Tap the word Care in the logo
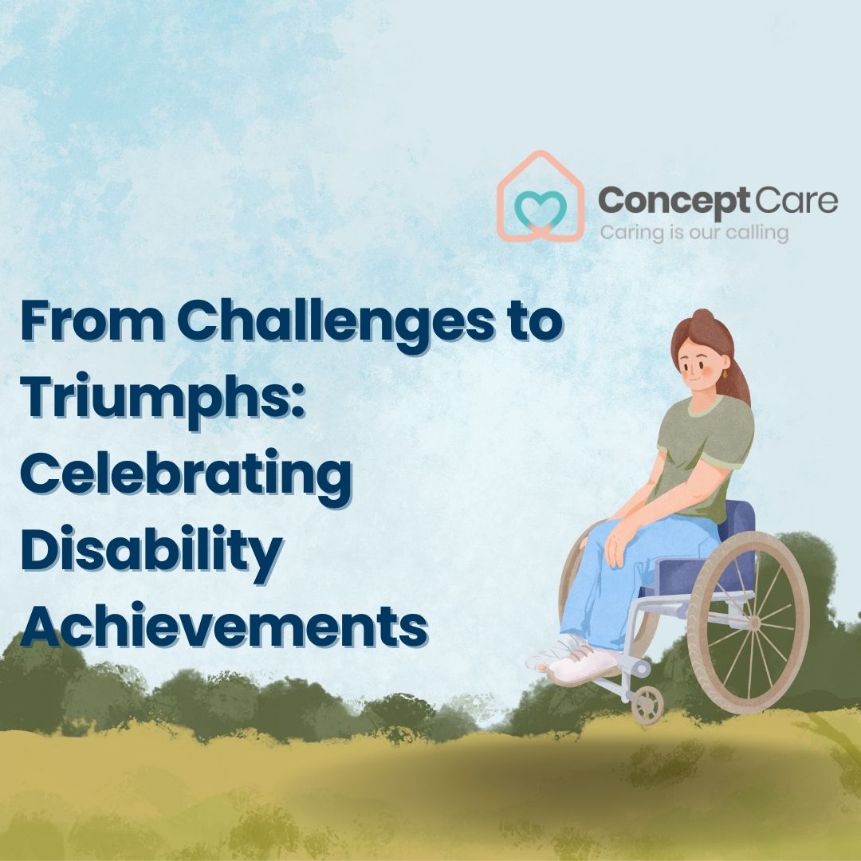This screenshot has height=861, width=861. [796, 199]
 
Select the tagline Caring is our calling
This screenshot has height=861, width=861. [694, 233]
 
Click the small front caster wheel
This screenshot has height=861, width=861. [647, 705]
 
